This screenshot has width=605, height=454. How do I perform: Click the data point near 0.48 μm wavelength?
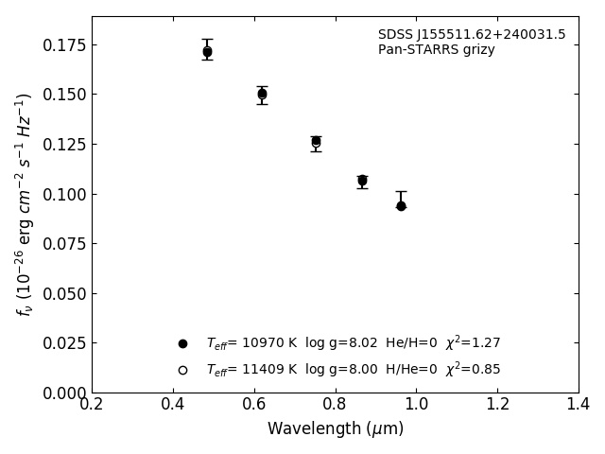(x=207, y=52)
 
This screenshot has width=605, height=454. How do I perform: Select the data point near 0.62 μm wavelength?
(x=262, y=94)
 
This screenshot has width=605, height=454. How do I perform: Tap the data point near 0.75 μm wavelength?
(x=316, y=142)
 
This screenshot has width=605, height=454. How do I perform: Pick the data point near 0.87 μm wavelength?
(x=362, y=180)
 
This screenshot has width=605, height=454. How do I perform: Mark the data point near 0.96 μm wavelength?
(x=401, y=205)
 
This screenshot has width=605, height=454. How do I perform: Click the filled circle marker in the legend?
(x=182, y=343)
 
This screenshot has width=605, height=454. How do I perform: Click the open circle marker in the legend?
(x=182, y=370)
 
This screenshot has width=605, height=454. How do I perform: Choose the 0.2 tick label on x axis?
(x=92, y=405)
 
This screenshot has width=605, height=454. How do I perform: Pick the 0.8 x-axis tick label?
(x=336, y=405)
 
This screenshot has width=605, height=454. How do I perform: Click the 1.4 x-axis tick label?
(x=579, y=405)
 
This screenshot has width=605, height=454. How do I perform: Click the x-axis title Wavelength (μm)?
(x=336, y=429)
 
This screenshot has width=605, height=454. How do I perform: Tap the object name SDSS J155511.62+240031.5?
(x=472, y=35)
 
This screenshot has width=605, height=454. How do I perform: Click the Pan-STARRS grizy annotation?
(x=437, y=50)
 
